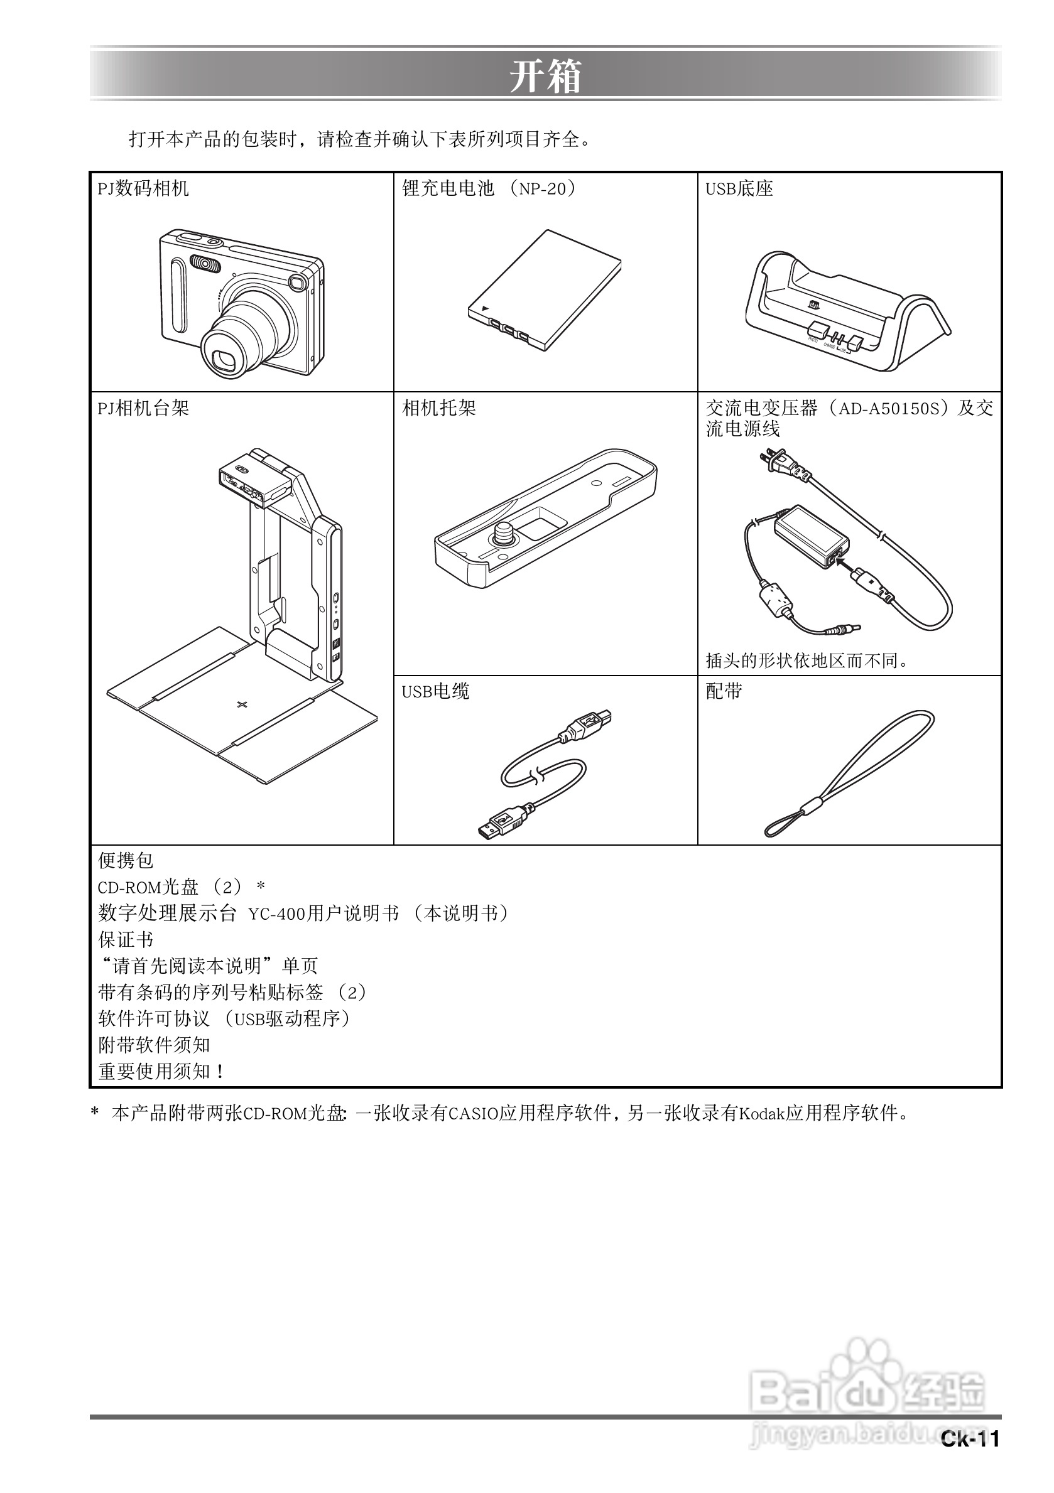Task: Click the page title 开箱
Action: [x=545, y=76]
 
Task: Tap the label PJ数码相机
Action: [x=143, y=188]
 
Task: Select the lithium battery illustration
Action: [x=544, y=290]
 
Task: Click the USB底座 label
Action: [x=739, y=188]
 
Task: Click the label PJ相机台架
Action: [x=143, y=408]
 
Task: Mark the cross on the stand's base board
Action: [x=242, y=704]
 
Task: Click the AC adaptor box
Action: [x=811, y=534]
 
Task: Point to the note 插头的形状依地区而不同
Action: [x=807, y=660]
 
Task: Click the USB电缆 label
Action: [x=435, y=691]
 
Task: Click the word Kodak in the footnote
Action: [x=761, y=1114]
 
